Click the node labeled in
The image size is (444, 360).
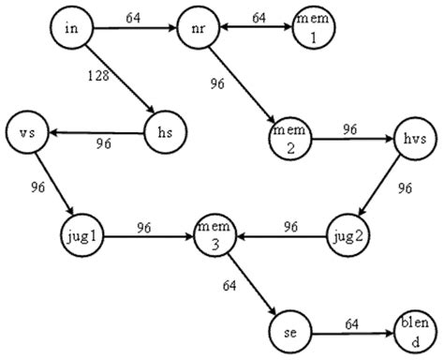point(71,29)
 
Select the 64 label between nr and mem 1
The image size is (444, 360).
point(259,16)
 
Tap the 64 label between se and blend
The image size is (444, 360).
point(351,323)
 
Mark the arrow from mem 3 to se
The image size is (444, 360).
point(250,282)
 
